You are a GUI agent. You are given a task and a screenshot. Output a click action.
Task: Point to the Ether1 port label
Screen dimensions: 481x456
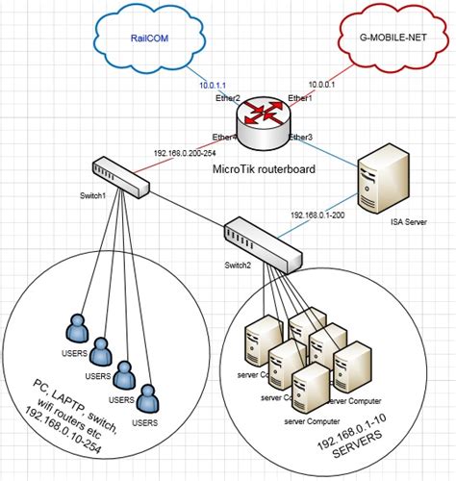[301, 98]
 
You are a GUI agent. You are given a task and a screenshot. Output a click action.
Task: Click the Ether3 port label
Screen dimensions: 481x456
[301, 138]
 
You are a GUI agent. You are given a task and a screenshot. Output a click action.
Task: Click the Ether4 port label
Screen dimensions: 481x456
[225, 138]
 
